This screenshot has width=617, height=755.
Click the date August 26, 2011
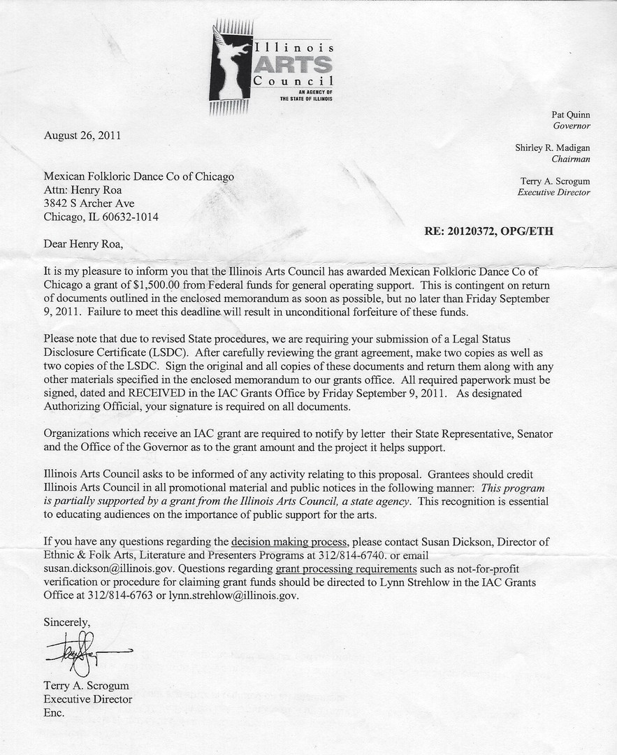pyautogui.click(x=82, y=136)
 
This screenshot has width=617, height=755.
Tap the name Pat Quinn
pyautogui.click(x=572, y=114)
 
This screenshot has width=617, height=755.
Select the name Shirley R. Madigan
pyautogui.click(x=553, y=148)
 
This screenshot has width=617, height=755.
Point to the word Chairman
pyautogui.click(x=571, y=159)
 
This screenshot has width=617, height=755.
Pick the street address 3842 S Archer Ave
pyautogui.click(x=89, y=203)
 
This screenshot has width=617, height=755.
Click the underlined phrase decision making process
pyautogui.click(x=289, y=541)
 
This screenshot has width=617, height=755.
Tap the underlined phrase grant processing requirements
pyautogui.click(x=346, y=568)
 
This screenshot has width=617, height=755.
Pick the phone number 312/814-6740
pyautogui.click(x=349, y=555)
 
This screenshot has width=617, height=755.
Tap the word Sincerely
pyautogui.click(x=67, y=621)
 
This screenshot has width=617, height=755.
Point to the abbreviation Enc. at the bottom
pyautogui.click(x=54, y=713)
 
